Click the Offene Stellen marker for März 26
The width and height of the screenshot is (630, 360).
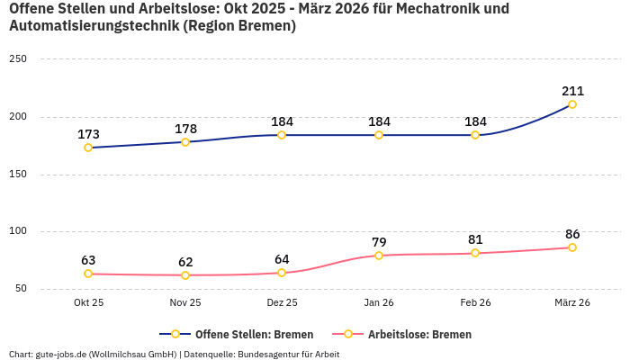572,104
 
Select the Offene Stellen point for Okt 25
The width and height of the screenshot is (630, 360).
88,148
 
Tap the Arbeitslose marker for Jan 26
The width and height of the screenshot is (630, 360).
379,256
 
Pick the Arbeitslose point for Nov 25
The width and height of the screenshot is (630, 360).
185,275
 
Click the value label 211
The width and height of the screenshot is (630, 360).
572,91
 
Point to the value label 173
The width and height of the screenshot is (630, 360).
88,134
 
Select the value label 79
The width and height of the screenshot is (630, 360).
379,242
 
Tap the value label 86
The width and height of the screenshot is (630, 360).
572,234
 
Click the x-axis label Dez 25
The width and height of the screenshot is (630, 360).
282,302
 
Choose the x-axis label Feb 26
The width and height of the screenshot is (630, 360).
475,302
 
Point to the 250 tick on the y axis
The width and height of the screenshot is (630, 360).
18,59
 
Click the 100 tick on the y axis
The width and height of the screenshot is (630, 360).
18,231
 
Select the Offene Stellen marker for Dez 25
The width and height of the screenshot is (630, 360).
282,135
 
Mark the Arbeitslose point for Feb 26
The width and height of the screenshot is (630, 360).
475,253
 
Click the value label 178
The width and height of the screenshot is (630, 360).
185,129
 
